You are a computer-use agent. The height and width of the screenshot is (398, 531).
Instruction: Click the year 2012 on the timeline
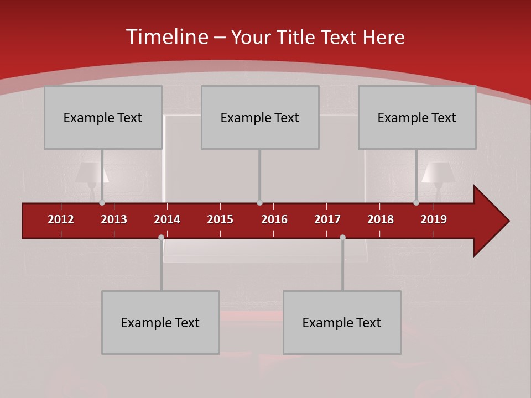click(x=61, y=219)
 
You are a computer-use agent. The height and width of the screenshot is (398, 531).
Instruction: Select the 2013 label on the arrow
click(x=114, y=219)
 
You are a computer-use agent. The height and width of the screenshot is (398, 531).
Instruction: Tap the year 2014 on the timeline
click(x=167, y=219)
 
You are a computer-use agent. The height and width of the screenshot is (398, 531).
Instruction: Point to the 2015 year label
click(x=220, y=219)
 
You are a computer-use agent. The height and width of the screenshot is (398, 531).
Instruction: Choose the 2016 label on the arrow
click(x=274, y=219)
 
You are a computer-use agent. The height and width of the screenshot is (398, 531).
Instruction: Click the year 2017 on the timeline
click(x=327, y=219)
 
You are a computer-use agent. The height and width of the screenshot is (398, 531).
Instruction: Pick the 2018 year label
click(x=381, y=219)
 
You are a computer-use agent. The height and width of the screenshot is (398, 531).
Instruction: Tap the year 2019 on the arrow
click(x=434, y=219)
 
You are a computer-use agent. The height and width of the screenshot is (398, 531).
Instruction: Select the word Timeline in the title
click(x=166, y=37)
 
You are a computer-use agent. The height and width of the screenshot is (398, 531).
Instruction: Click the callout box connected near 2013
click(x=103, y=117)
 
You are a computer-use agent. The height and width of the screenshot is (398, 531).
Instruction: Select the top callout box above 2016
click(x=260, y=117)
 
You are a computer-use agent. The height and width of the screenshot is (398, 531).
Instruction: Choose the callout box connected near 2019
click(x=417, y=117)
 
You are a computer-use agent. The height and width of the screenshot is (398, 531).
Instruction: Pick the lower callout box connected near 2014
click(x=160, y=322)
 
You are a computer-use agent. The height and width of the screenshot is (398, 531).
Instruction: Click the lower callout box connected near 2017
click(x=342, y=322)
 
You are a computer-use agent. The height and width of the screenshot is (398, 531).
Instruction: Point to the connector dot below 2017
click(x=342, y=237)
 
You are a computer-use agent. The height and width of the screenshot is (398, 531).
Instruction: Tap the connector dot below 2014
click(x=161, y=237)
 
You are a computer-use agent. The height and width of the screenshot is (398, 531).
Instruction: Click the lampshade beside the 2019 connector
click(x=438, y=172)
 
